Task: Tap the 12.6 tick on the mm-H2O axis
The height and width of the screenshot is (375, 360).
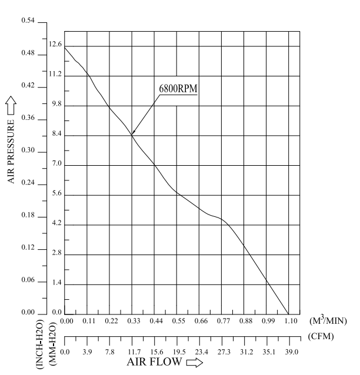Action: coord(55,44)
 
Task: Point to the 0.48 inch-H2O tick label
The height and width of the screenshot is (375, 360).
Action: coord(29,54)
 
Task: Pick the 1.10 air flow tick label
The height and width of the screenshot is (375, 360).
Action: coord(291,322)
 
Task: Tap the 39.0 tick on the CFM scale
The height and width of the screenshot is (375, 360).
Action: coord(292,351)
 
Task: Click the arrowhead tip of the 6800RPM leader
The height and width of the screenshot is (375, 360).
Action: coord(132,135)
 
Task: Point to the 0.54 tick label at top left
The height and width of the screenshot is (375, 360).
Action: coord(29,21)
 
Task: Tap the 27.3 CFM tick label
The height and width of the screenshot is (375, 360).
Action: coord(224,351)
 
